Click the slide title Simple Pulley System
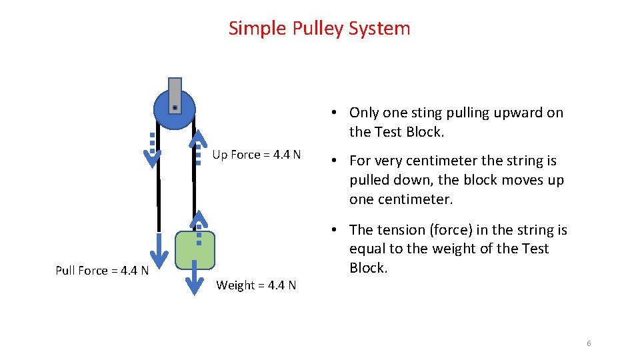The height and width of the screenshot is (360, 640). (319, 28)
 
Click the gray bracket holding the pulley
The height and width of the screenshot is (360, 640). (175, 90)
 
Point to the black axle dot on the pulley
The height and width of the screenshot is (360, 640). (175, 107)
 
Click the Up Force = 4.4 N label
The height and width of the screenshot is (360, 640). (256, 155)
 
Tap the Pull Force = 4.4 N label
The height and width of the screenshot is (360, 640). (102, 270)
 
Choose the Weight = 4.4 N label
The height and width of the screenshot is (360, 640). (256, 285)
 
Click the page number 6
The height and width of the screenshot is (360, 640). (589, 343)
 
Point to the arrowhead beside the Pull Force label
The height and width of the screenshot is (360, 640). (159, 256)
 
